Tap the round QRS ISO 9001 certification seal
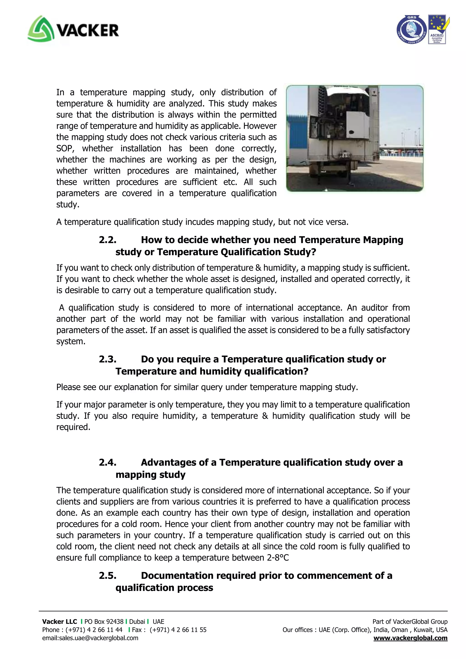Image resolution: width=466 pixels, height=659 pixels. [x=411, y=30]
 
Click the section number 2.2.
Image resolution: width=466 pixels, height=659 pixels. [x=108, y=240]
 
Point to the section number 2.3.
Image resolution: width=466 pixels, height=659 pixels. [x=108, y=359]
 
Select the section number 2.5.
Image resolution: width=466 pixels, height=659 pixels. [x=108, y=576]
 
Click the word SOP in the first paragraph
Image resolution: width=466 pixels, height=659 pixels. [x=65, y=149]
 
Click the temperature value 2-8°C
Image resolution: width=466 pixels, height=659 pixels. [x=278, y=558]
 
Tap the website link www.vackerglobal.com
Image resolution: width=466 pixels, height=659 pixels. [x=410, y=638]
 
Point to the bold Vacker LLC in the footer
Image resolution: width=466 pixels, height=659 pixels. [x=59, y=622]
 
